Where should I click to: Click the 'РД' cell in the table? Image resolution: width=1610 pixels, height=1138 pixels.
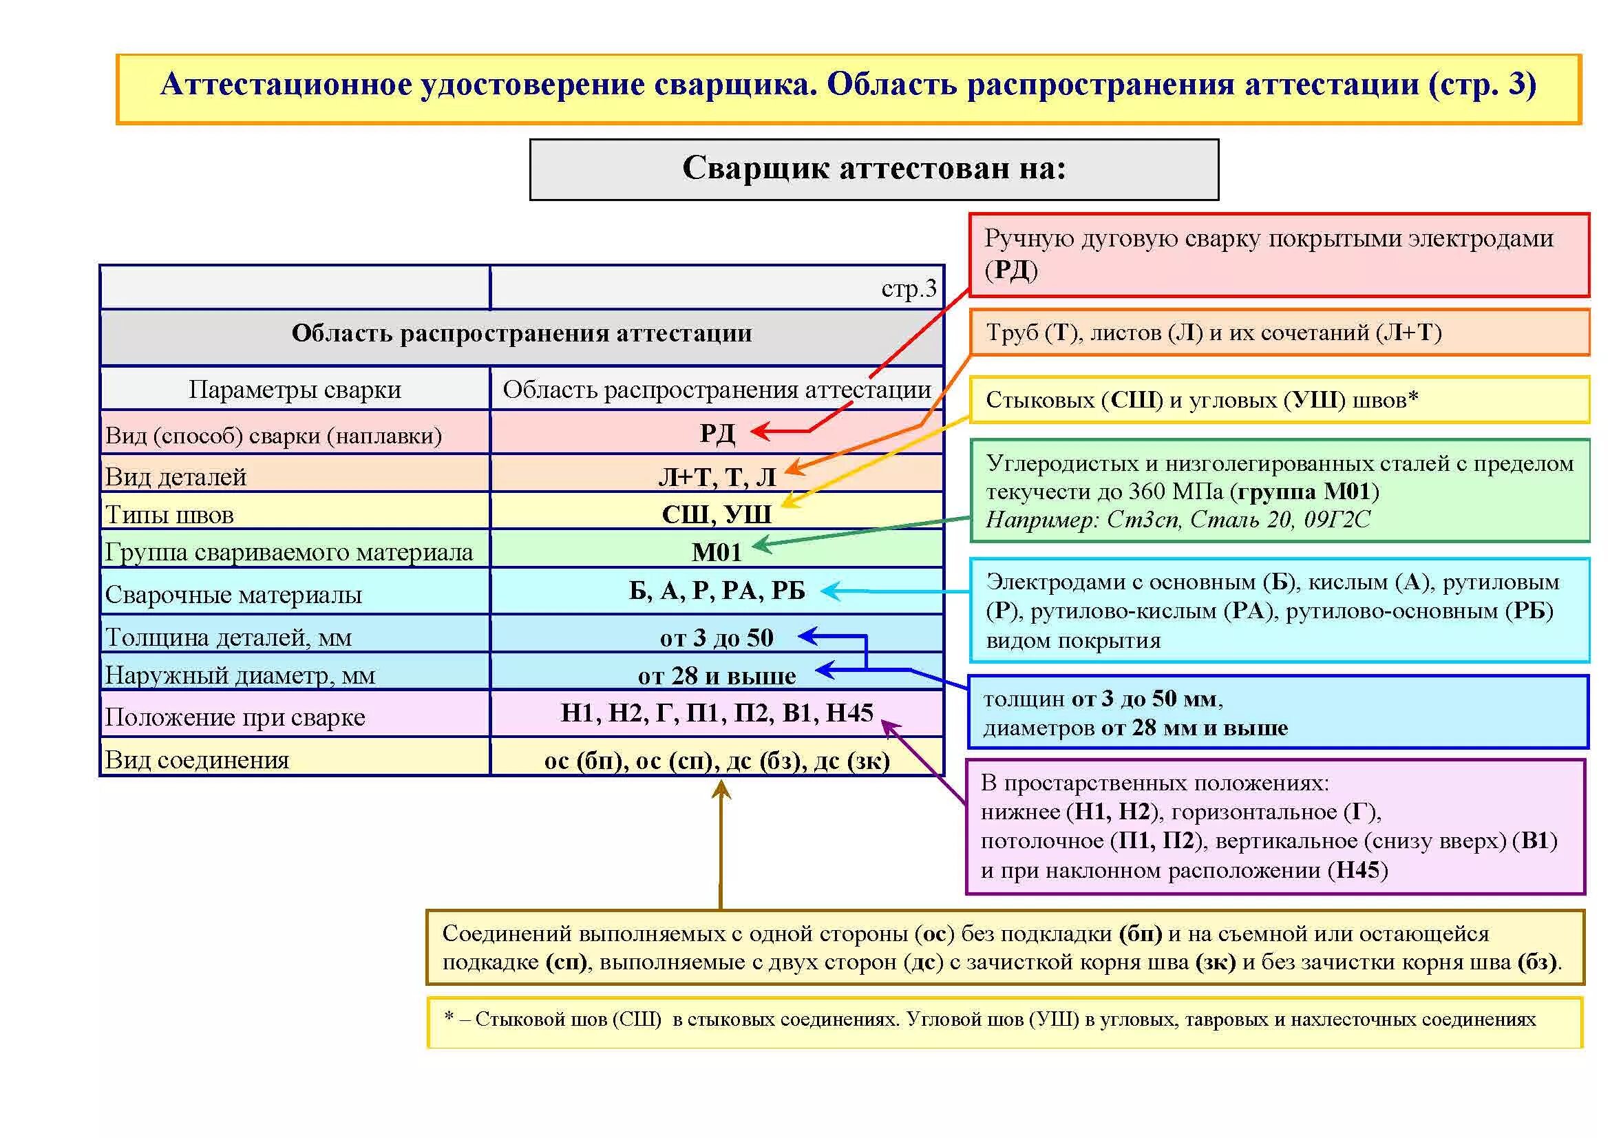717,433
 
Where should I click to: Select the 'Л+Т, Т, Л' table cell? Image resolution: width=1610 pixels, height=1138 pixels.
717,477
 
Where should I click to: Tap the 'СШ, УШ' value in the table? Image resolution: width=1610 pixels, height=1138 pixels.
717,514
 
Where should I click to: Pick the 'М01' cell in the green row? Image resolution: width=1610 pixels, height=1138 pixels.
717,552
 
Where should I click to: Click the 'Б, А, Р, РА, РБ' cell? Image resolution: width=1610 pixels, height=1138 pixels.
717,591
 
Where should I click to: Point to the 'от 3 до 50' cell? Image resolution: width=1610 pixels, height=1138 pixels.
717,638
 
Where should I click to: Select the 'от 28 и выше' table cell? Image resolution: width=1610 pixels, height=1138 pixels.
717,675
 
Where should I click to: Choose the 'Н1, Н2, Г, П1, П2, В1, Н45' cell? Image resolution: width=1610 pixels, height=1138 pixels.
717,713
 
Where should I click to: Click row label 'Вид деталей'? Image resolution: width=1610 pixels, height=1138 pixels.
176,477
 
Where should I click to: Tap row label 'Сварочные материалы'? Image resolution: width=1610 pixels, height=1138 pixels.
233,595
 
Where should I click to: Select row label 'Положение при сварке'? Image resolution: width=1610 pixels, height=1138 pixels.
235,717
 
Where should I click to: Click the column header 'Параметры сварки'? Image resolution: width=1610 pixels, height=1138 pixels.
295,389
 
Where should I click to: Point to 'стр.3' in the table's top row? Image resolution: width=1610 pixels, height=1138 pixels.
909,288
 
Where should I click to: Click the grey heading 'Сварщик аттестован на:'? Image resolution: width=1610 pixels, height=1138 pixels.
873,168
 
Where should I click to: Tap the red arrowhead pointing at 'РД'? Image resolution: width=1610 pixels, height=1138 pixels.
759,431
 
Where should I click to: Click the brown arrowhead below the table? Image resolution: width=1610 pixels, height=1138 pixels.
721,790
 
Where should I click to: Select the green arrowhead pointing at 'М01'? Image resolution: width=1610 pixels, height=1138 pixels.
760,545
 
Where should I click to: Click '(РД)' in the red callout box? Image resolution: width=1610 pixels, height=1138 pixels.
1011,270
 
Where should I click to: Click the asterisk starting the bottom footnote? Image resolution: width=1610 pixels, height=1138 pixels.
449,1016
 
